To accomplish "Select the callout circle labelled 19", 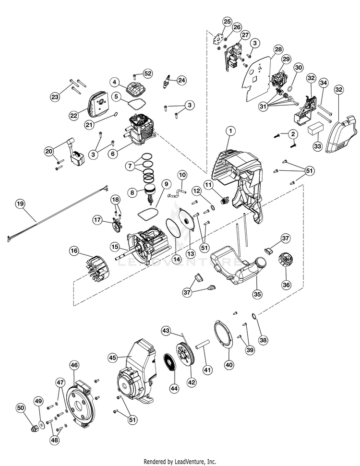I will (20, 203).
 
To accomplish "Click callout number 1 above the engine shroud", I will (230, 130).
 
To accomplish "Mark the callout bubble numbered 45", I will (113, 357).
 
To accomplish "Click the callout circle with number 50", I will (21, 408).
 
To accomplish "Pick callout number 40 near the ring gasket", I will (229, 365).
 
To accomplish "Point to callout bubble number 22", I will (73, 115).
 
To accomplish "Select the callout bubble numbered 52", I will (147, 73).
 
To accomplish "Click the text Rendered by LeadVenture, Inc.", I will (180, 461).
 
